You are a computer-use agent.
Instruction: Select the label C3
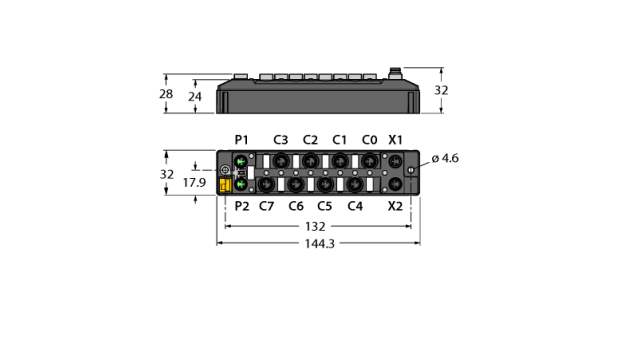tap(281, 139)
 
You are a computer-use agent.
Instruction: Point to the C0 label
tap(369, 139)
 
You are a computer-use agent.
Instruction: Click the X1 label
tap(396, 139)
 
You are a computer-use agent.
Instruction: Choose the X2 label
tap(396, 207)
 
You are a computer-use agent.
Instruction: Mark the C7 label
tap(267, 207)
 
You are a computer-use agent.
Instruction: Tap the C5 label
tap(325, 207)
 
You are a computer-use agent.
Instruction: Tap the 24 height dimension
tap(197, 97)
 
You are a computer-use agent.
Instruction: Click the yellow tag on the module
tap(225, 184)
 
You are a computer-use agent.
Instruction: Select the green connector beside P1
tap(239, 161)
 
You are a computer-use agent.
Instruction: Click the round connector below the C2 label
tap(310, 160)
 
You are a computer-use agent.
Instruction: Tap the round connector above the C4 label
tap(354, 183)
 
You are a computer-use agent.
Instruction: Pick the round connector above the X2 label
tap(396, 184)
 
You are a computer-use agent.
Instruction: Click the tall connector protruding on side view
tap(396, 74)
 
